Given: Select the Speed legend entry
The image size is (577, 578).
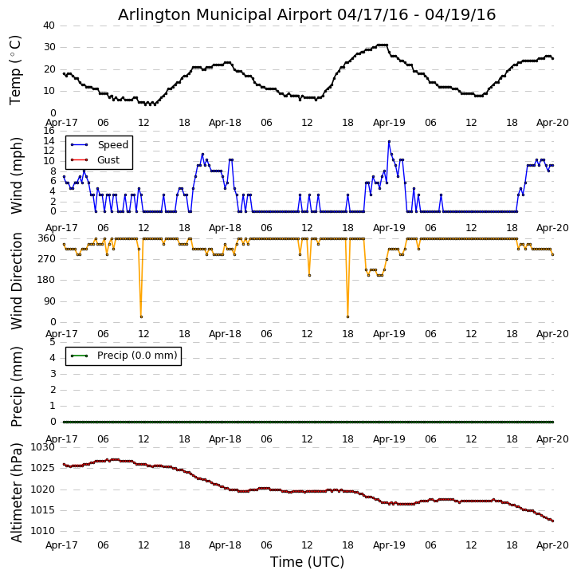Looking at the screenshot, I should tap(112, 145).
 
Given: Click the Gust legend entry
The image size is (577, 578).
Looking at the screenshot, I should tap(108, 160).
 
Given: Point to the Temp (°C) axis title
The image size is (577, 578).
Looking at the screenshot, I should tap(16, 69).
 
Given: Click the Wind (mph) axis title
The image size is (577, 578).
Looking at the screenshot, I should tap(16, 175).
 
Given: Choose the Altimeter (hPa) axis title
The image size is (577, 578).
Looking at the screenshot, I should tap(16, 492).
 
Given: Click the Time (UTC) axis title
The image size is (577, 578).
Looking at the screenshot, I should tap(307, 562).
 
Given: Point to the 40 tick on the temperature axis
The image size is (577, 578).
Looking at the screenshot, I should tap(49, 26).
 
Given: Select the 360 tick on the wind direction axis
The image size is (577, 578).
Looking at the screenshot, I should tap(46, 238).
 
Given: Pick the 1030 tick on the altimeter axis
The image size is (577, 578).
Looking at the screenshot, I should tap(43, 448).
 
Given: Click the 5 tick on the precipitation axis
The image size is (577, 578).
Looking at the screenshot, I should tap(53, 341).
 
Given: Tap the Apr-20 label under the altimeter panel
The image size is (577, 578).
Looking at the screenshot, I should tap(552, 546).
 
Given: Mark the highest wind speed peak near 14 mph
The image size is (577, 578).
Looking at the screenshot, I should tap(389, 141).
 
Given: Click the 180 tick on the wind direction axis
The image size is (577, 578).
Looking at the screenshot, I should tap(46, 280).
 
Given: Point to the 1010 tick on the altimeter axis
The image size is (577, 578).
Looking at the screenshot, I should tap(43, 531).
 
